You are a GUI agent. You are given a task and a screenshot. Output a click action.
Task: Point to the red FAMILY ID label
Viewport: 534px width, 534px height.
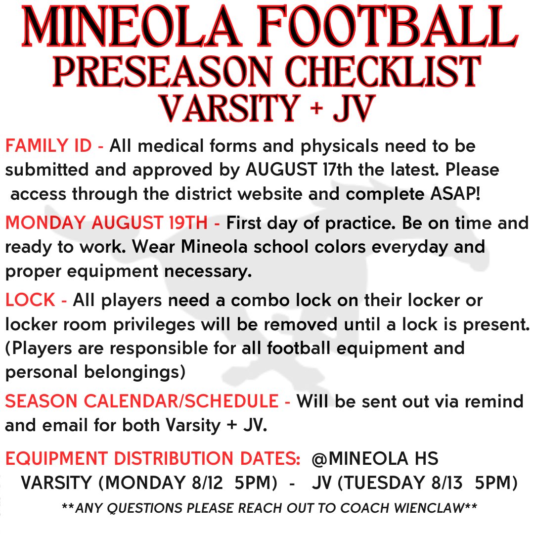click(x=54, y=146)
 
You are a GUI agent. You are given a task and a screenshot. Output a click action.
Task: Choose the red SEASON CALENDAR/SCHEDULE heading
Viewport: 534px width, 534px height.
click(x=147, y=401)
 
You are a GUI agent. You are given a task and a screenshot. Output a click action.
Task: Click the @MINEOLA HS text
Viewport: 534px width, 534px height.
click(x=375, y=459)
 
